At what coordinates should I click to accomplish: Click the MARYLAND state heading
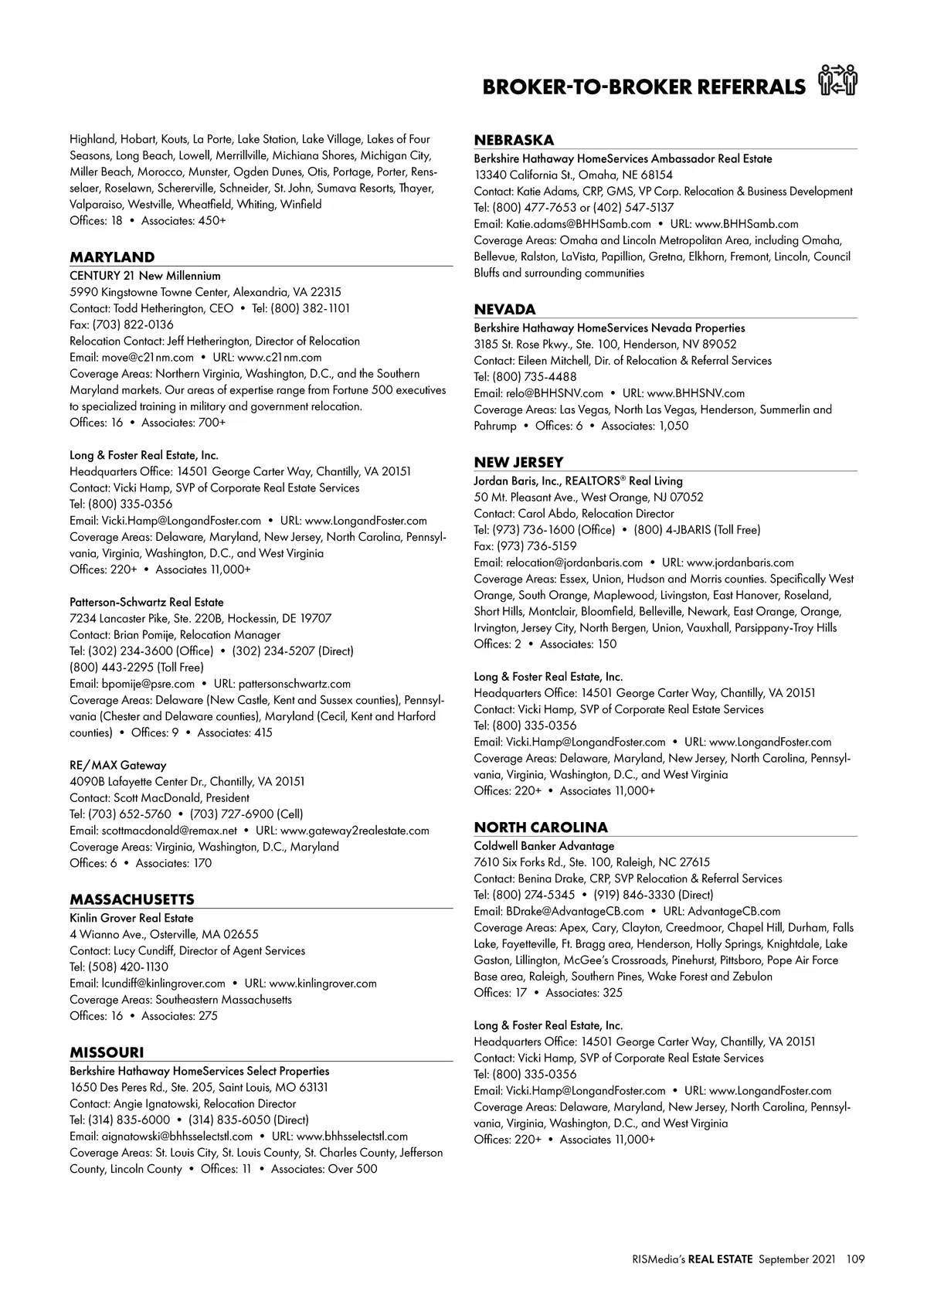click(112, 257)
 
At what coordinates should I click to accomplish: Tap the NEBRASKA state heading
click(514, 140)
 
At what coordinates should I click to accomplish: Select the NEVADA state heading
click(504, 309)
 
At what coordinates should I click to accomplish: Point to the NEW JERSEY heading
click(518, 462)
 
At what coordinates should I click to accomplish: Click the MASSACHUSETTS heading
click(132, 899)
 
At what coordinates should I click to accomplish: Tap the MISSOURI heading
click(107, 1052)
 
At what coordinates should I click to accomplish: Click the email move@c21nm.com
click(148, 357)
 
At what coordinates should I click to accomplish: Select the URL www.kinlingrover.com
click(323, 984)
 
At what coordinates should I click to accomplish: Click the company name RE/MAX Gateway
click(118, 765)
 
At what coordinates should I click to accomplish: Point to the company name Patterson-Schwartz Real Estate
click(147, 602)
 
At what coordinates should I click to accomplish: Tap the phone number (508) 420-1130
click(129, 967)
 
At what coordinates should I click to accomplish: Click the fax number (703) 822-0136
click(133, 324)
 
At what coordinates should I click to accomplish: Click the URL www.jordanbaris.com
click(740, 562)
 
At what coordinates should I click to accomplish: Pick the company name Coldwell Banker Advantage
click(544, 846)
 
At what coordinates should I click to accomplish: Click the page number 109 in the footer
click(855, 1259)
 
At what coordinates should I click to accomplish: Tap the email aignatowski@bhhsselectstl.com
click(177, 1137)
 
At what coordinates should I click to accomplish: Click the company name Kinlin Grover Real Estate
click(131, 918)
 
